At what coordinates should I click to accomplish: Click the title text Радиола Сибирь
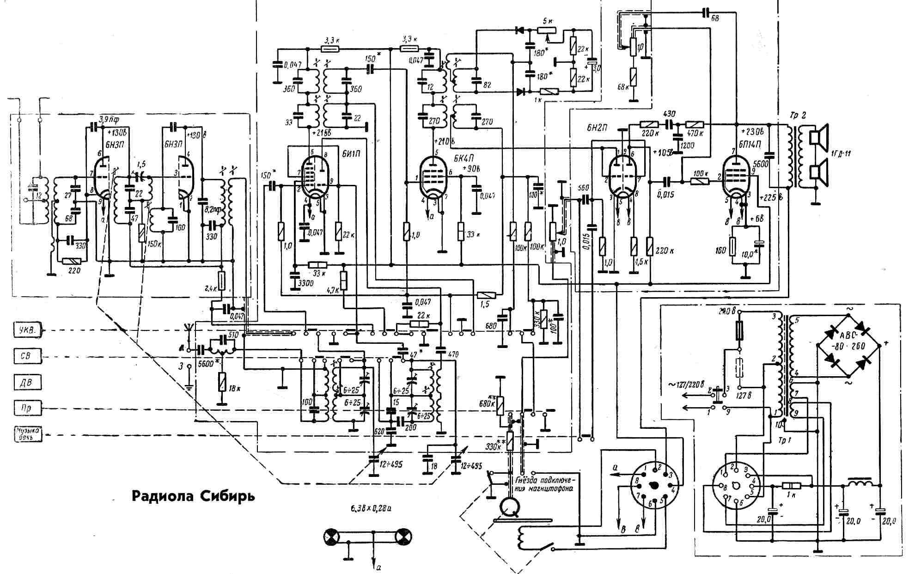pos(193,496)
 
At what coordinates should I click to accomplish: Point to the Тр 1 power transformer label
pos(784,440)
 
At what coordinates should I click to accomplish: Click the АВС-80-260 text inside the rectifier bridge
pos(848,342)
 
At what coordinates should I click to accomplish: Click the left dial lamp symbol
pos(331,537)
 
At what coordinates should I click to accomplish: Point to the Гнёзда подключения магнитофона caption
pos(543,484)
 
